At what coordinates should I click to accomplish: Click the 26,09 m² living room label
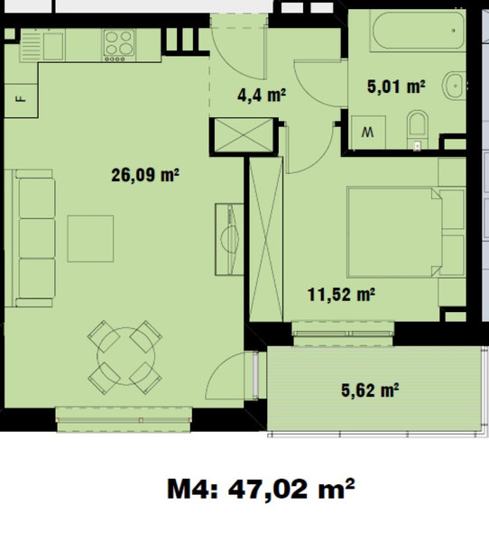pyautogui.click(x=145, y=175)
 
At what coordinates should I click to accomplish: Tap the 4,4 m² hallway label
pyautogui.click(x=262, y=95)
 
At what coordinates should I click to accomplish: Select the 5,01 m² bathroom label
pyautogui.click(x=396, y=87)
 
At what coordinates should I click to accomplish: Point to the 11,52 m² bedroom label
pyautogui.click(x=341, y=295)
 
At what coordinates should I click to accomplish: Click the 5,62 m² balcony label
pyautogui.click(x=370, y=390)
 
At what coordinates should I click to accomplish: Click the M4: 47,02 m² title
pyautogui.click(x=261, y=489)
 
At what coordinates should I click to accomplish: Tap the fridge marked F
pyautogui.click(x=21, y=100)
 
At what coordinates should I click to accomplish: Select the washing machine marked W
pyautogui.click(x=368, y=133)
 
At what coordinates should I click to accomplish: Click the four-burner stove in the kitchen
pyautogui.click(x=119, y=45)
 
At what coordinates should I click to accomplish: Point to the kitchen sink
pyautogui.click(x=42, y=46)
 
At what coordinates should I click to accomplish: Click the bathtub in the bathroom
pyautogui.click(x=417, y=31)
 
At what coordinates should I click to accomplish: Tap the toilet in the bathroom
pyautogui.click(x=418, y=129)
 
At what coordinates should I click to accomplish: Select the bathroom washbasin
pyautogui.click(x=454, y=86)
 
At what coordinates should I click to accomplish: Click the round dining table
pyautogui.click(x=125, y=356)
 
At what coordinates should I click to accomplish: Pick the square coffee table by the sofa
pyautogui.click(x=90, y=239)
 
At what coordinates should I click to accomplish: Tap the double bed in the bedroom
pyautogui.click(x=395, y=233)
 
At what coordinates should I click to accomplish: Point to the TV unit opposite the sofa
pyautogui.click(x=229, y=240)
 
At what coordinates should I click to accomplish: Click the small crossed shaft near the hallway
pyautogui.click(x=244, y=135)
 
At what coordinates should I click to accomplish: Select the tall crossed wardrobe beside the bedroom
pyautogui.click(x=266, y=239)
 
